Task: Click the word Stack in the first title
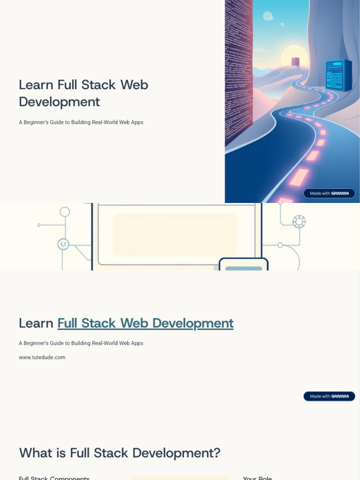(x=98, y=85)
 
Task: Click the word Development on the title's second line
(x=59, y=102)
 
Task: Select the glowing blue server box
(x=338, y=75)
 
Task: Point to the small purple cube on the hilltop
(x=295, y=61)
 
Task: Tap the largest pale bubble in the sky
(x=268, y=16)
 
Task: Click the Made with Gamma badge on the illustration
(x=329, y=193)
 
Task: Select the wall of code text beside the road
(x=239, y=70)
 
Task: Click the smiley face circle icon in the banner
(x=63, y=244)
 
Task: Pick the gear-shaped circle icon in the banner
(x=299, y=222)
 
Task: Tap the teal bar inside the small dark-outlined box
(x=243, y=269)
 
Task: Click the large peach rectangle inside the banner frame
(x=175, y=235)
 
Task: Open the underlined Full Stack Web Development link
(x=145, y=323)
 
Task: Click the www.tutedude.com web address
(x=42, y=357)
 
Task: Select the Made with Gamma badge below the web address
(x=329, y=396)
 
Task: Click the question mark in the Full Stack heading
(x=217, y=453)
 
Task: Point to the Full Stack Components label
(x=54, y=478)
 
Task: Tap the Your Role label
(x=257, y=478)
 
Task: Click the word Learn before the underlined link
(x=36, y=323)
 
